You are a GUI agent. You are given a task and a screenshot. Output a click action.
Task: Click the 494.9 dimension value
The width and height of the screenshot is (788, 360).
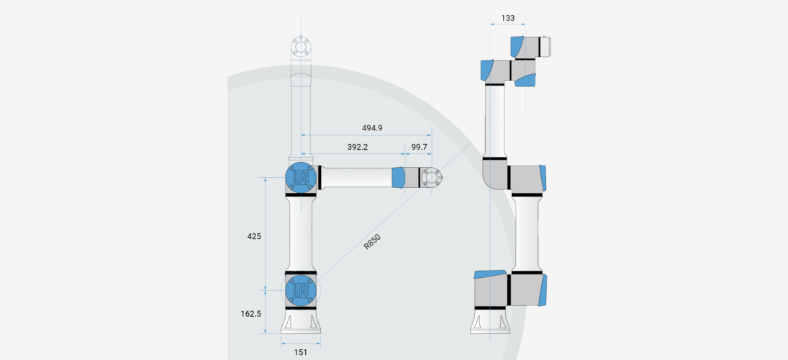(x=372, y=127)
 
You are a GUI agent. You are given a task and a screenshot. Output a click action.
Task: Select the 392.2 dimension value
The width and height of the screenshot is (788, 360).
(x=358, y=147)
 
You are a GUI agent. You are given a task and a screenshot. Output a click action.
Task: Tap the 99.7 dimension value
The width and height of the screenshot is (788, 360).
(x=419, y=147)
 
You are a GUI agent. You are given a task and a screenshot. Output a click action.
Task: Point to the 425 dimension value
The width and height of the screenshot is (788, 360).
(x=254, y=235)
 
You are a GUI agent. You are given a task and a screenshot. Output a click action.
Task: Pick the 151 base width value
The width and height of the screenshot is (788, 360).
(x=300, y=352)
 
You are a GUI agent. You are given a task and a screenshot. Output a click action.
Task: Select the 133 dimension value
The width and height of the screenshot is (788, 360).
(x=507, y=18)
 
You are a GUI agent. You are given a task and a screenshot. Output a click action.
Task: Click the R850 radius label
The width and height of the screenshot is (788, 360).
(x=372, y=241)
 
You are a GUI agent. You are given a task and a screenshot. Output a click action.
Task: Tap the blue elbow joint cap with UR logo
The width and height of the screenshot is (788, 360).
(x=301, y=178)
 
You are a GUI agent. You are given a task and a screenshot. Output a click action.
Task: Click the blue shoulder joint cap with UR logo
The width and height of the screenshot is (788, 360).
(x=301, y=290)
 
